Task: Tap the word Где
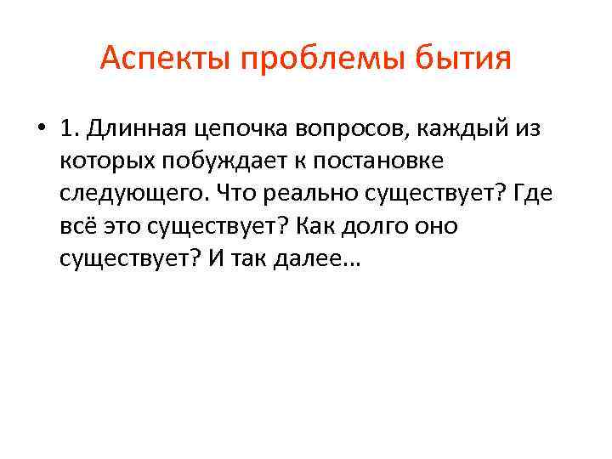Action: (533, 193)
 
